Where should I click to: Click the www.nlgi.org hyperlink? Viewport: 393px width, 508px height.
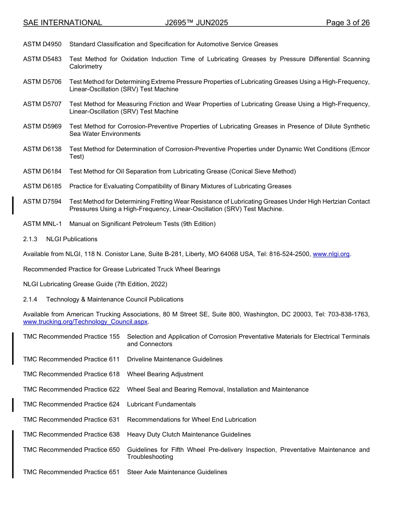pos(331,254)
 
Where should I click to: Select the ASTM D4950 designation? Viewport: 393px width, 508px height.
pos(42,44)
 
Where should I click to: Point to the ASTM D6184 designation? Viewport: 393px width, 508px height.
pos(42,171)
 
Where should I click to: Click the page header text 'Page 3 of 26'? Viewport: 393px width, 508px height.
pos(347,23)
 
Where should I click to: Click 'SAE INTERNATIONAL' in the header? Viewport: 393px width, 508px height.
pos(62,23)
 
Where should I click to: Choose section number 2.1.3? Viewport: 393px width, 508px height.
pos(30,239)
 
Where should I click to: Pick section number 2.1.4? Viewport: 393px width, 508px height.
pos(30,299)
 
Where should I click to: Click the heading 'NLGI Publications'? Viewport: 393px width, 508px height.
pos(72,239)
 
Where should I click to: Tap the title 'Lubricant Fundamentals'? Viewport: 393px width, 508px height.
pos(161,404)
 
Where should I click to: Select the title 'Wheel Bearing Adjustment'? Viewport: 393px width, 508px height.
pos(165,374)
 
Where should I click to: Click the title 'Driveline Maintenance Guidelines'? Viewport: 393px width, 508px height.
pos(175,359)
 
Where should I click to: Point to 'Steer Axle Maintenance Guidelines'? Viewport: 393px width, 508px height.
pos(177,472)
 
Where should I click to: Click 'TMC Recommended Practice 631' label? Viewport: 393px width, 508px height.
pos(71,420)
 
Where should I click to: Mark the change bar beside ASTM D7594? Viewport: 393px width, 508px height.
pos(13,205)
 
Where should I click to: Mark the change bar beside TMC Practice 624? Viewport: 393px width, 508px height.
pos(13,405)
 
